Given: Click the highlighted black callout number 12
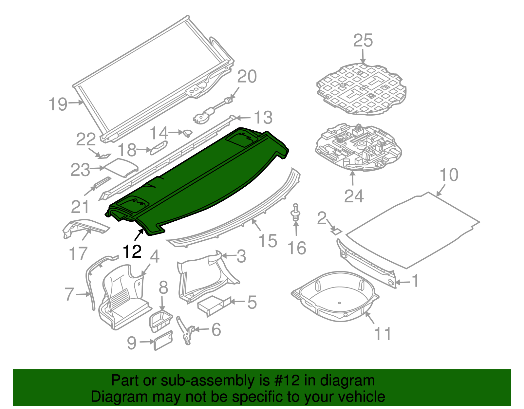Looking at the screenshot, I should coord(132,251).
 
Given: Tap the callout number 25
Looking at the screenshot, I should coord(363,41).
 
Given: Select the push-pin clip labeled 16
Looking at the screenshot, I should coord(296,213).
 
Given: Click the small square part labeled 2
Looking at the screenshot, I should coord(336,231).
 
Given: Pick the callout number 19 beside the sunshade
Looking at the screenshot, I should coord(58,104).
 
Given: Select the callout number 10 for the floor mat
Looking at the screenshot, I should coord(449,175).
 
